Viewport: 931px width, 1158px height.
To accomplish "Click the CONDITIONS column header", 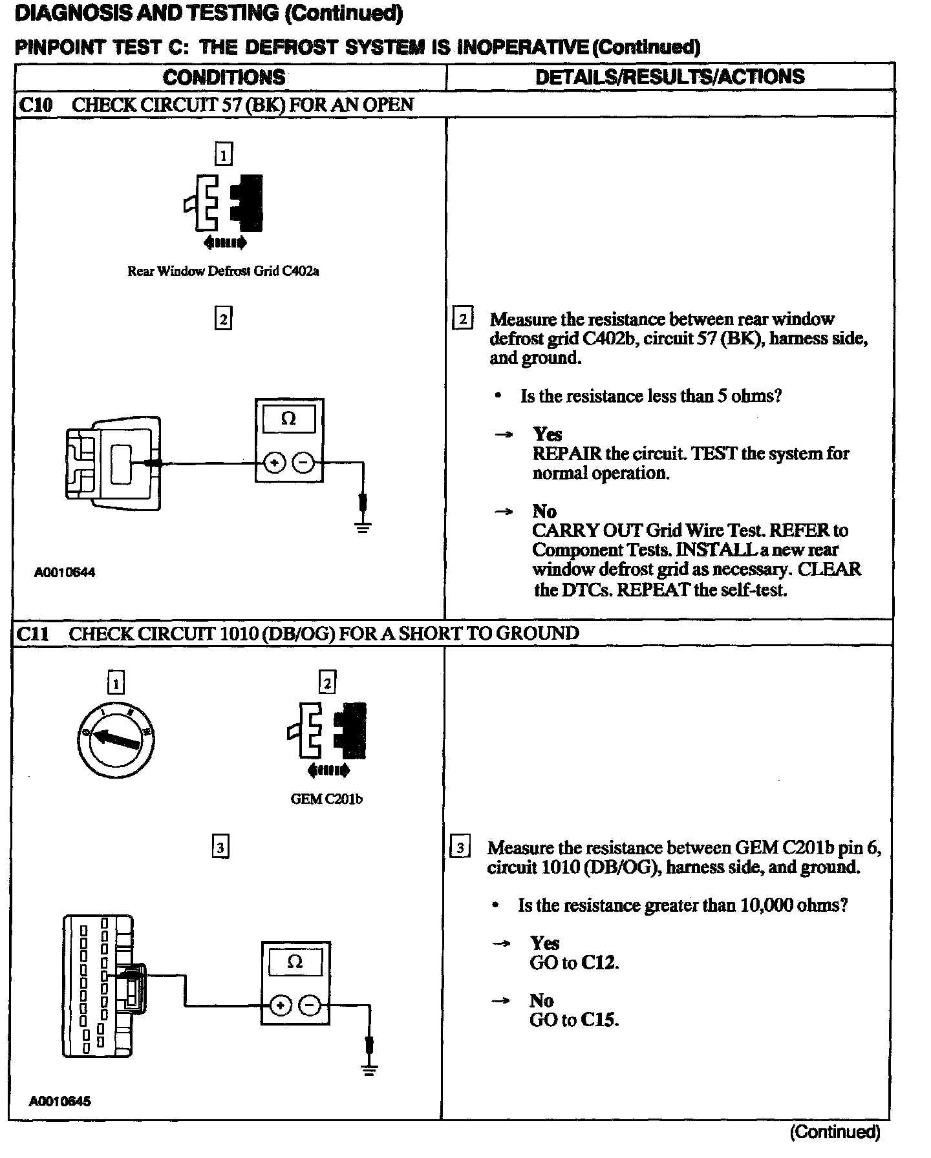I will point(224,78).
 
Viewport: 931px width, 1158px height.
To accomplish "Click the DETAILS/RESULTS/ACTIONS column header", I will point(670,77).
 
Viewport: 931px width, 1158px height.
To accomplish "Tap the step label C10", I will point(36,105).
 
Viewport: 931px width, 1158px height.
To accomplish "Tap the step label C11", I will point(32,633).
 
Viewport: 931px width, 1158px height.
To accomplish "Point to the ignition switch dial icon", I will point(115,739).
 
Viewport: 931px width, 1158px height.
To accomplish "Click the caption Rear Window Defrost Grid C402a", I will point(223,271).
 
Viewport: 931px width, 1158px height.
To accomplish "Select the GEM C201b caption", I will point(326,799).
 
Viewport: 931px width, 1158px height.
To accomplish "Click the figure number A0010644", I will point(65,573).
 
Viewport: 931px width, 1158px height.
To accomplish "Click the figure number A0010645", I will point(60,1100).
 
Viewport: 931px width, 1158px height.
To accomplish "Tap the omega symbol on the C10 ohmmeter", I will point(289,419).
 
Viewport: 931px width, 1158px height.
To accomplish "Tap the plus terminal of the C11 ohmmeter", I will point(280,1005).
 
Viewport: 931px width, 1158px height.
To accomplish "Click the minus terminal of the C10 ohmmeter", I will point(303,463).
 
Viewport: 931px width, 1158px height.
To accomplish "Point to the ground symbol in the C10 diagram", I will point(363,526).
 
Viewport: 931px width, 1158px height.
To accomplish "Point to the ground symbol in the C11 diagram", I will point(369,1070).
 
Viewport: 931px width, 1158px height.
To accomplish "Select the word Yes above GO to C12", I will point(544,943).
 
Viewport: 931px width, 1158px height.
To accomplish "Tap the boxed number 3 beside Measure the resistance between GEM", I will point(460,847).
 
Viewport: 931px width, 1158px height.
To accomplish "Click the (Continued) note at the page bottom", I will point(835,1132).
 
